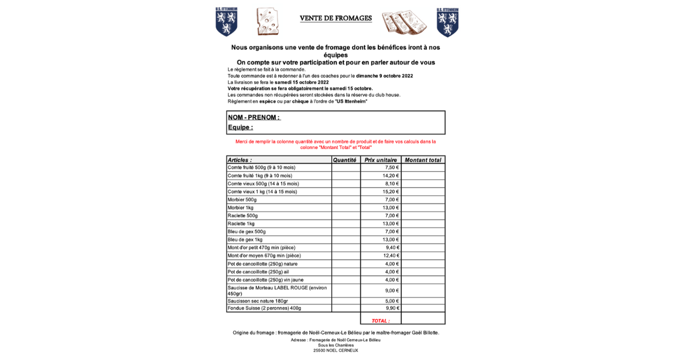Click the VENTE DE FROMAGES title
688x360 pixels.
tap(335, 18)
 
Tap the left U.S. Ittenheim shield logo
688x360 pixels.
tap(226, 22)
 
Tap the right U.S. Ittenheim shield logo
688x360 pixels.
tap(447, 22)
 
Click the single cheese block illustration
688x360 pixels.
tap(267, 22)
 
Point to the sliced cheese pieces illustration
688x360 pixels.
tap(404, 22)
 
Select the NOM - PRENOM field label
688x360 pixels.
tap(254, 118)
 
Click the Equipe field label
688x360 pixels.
tap(240, 127)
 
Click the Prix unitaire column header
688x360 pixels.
tap(381, 160)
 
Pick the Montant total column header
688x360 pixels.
tap(423, 160)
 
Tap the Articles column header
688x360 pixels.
tap(240, 160)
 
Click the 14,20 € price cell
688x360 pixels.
tap(390, 175)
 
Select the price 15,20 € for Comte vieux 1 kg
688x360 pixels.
tap(390, 191)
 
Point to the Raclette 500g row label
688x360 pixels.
tap(243, 216)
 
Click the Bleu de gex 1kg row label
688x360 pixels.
tap(245, 240)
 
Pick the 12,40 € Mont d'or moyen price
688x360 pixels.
tap(390, 256)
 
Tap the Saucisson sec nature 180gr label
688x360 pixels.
tap(257, 301)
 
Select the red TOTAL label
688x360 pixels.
tap(380, 321)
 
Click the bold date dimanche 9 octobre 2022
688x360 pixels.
tap(384, 76)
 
